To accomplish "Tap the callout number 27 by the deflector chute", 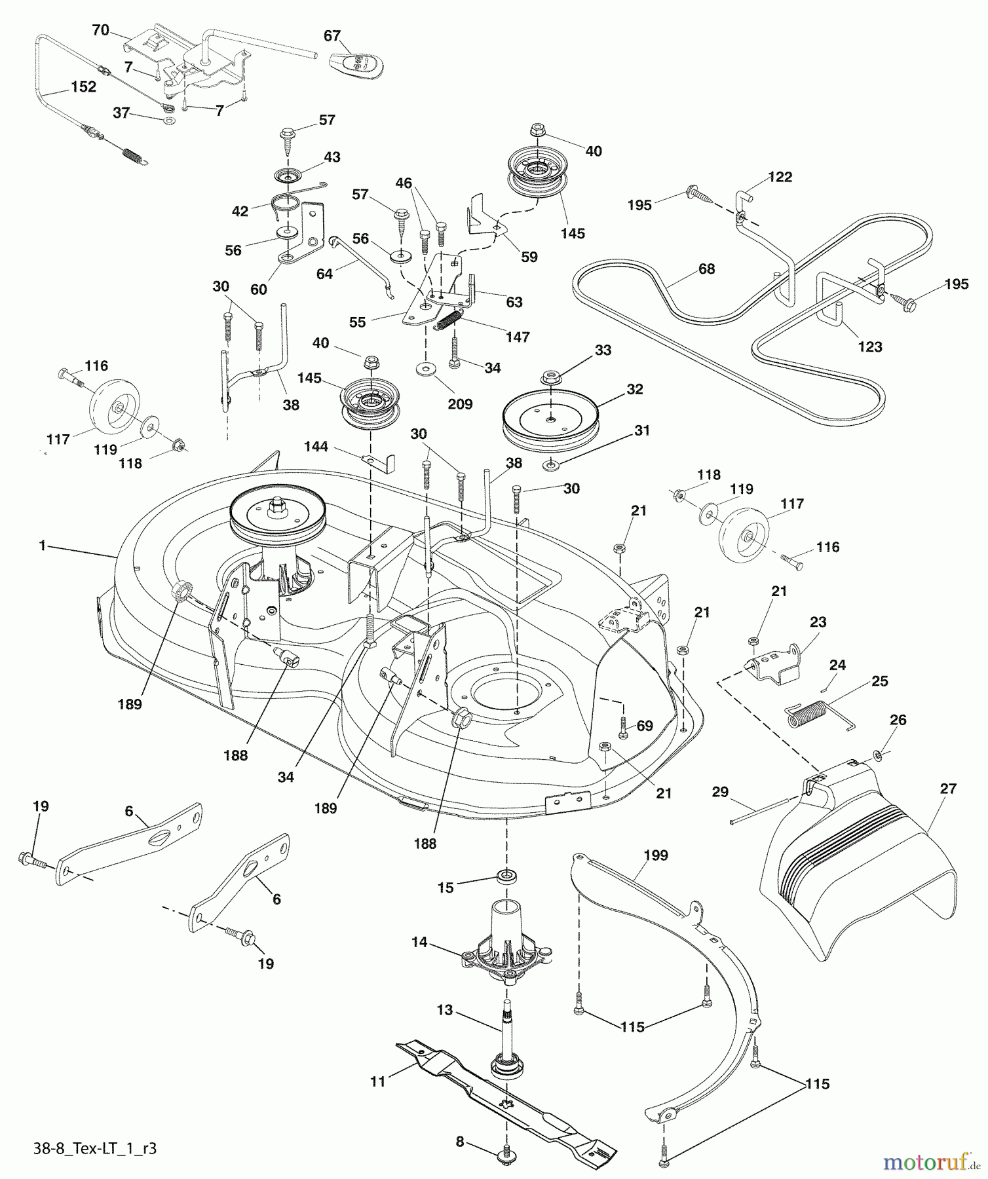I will click(948, 789).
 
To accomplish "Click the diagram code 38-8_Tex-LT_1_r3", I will click(94, 1148).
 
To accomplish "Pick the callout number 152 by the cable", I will click(83, 87).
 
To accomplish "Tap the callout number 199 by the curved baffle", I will click(656, 855).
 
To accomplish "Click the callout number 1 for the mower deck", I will click(43, 545).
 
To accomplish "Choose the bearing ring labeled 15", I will click(506, 876).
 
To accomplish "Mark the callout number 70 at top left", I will click(100, 30).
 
